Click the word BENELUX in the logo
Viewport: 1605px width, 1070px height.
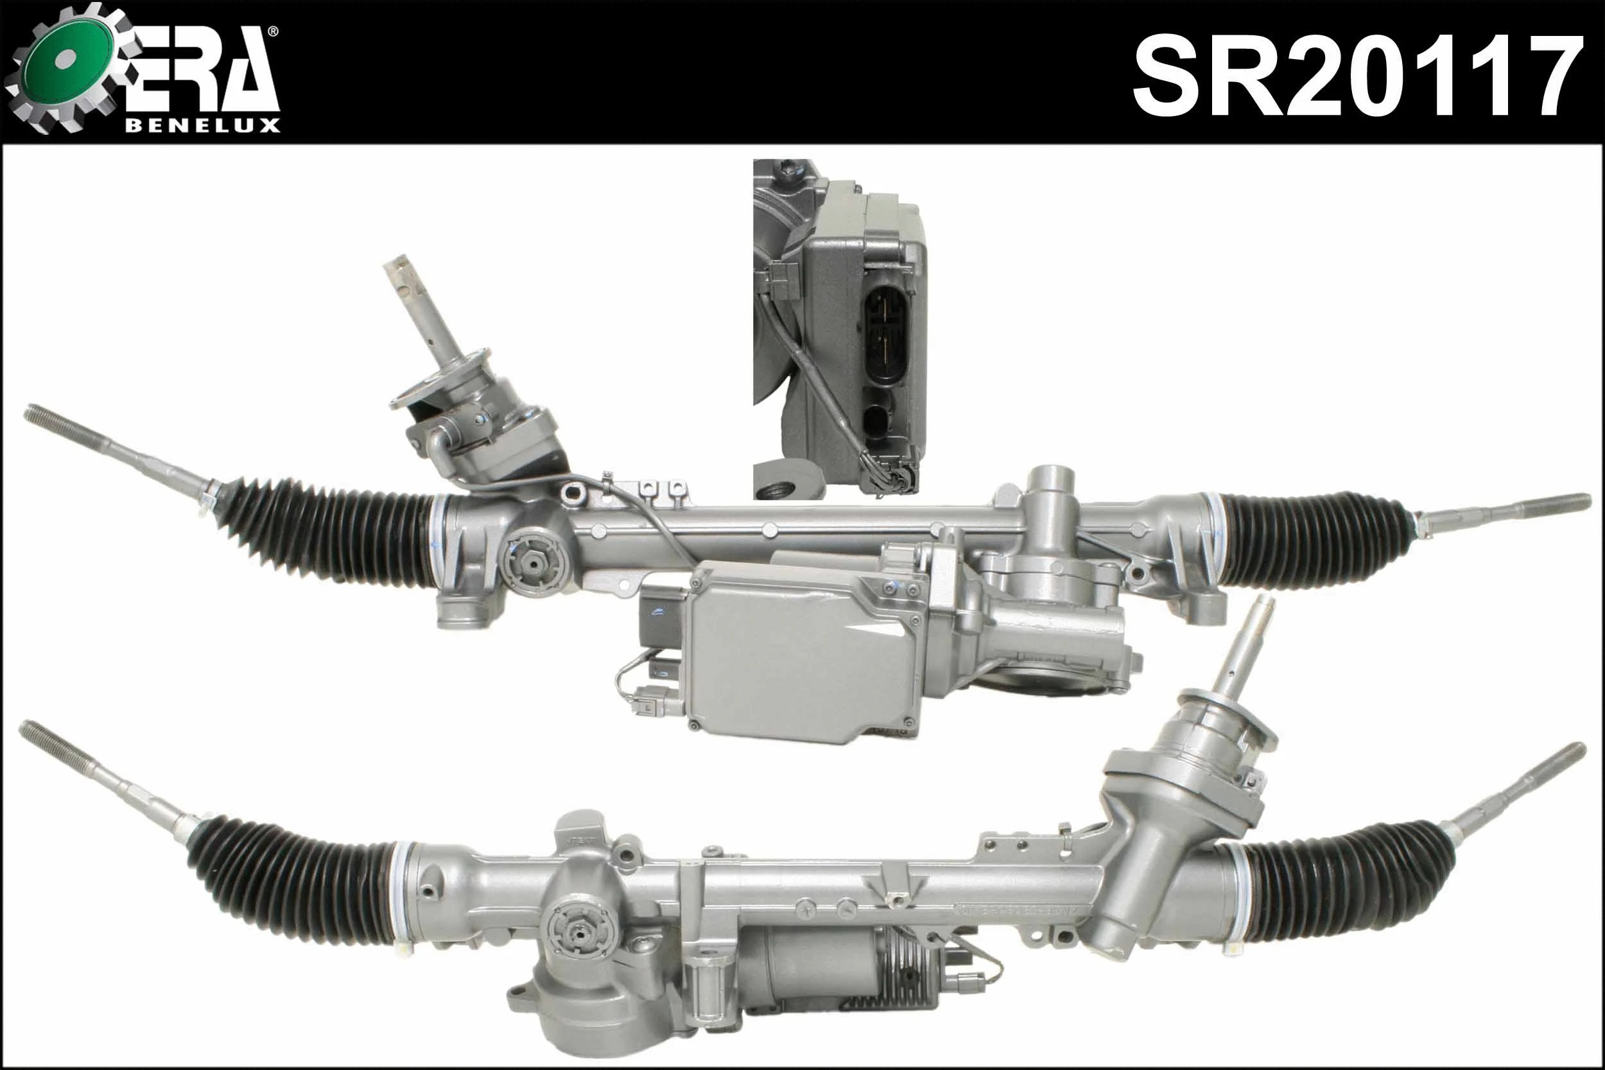203,126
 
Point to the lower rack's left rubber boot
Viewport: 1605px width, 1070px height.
293,874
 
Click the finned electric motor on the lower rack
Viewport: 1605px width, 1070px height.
853,976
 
